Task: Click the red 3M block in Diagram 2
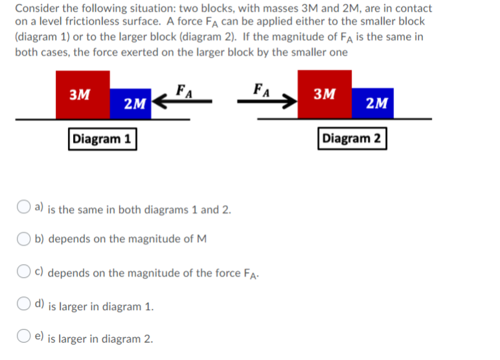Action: (324, 95)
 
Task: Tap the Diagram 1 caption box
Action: (102, 139)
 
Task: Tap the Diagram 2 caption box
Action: (352, 139)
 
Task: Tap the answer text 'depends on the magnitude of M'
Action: (128, 239)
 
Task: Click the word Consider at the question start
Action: (36, 8)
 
